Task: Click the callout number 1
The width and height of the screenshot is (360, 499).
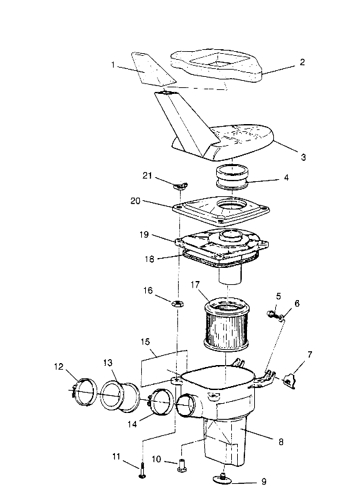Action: coord(113,65)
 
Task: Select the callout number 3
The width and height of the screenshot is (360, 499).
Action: coord(303,157)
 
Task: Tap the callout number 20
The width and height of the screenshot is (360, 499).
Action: coord(135,201)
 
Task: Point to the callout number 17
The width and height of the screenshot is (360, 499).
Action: coord(195,284)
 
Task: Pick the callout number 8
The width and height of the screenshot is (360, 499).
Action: coord(281,442)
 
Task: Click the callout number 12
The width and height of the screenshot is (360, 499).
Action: coord(59,366)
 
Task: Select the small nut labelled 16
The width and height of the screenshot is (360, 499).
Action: coord(178,303)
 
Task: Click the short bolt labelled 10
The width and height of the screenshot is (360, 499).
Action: coord(181,465)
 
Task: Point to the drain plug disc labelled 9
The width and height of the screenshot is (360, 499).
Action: coord(224,478)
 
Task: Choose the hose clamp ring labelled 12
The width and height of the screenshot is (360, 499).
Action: coord(83,392)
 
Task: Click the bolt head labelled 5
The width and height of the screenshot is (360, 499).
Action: coord(270,314)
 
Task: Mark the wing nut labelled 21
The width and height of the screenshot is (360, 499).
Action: coord(181,185)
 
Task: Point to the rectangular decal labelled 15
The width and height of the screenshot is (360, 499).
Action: coord(164,368)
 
